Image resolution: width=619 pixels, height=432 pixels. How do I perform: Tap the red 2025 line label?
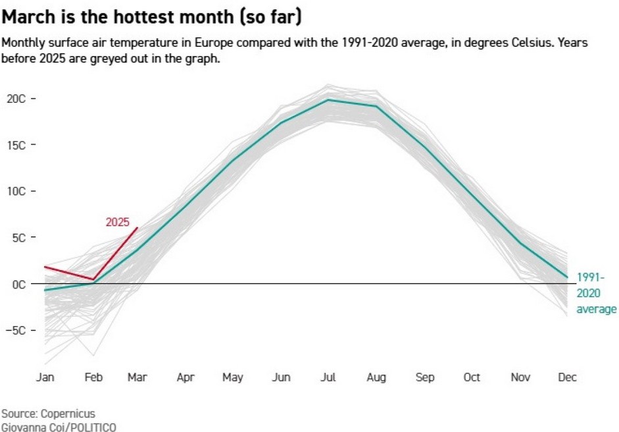(x=118, y=223)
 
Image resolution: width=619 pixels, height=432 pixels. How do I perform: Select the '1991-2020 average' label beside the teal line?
(x=596, y=293)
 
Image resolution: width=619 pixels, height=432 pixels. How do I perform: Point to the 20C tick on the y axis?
(x=15, y=99)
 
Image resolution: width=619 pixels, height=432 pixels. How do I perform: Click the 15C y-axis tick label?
(x=15, y=145)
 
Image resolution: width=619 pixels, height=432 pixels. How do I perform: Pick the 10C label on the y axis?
(x=15, y=191)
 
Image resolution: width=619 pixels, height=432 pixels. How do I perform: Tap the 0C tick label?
(x=18, y=284)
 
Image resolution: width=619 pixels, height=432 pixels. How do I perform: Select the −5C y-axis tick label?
(x=15, y=330)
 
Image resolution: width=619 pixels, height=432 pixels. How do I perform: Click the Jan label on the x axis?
(x=45, y=377)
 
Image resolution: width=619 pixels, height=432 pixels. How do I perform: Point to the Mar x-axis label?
(x=137, y=377)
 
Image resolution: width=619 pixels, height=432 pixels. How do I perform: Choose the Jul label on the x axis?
(x=328, y=377)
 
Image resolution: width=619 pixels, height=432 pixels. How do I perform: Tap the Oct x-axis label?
(x=472, y=377)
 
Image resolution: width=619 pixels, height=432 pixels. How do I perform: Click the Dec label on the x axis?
(x=567, y=377)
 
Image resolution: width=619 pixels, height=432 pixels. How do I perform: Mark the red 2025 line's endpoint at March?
(x=137, y=228)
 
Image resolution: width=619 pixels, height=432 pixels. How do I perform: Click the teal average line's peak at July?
(x=328, y=100)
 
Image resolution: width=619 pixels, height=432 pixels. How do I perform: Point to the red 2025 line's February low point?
(x=93, y=279)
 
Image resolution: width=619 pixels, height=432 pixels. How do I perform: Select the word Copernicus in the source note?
(x=68, y=414)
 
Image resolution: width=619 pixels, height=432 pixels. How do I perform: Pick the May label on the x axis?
(x=233, y=377)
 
